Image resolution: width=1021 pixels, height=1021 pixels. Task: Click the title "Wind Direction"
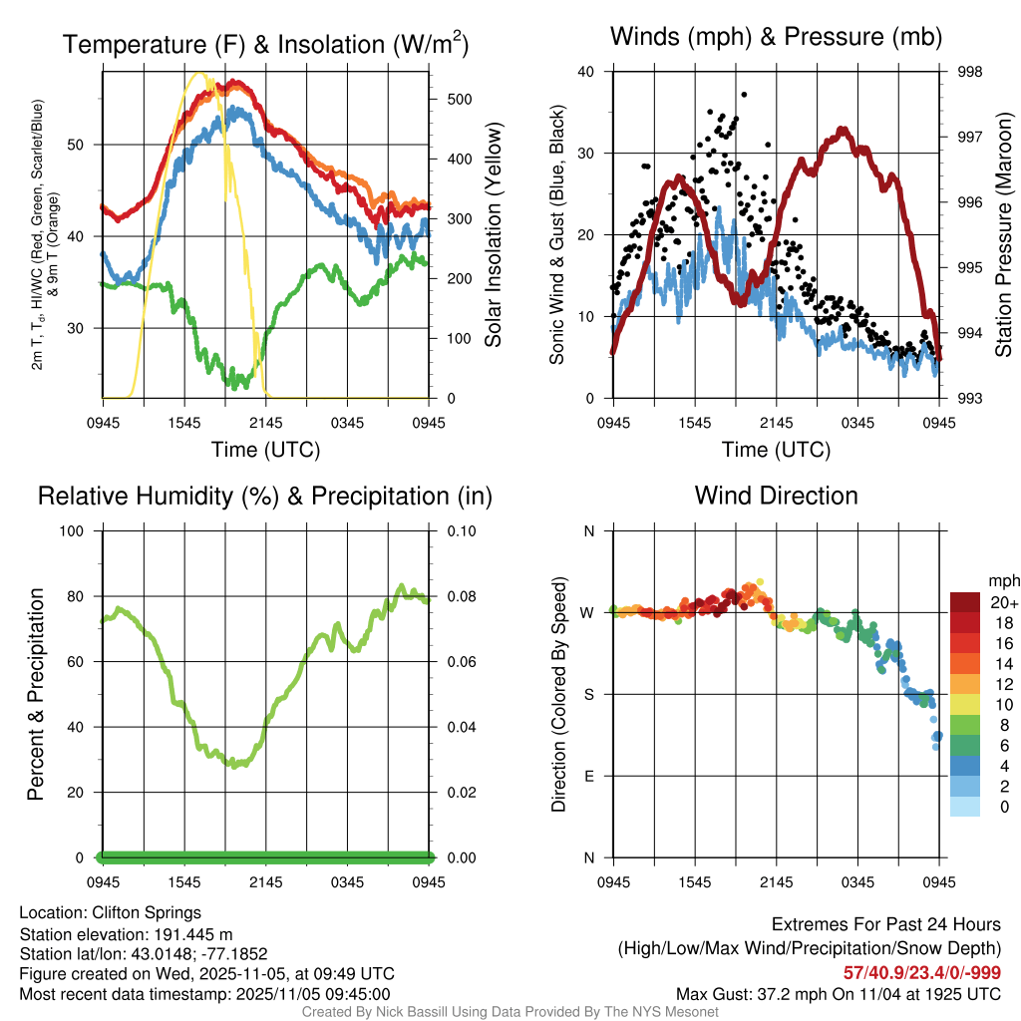tap(776, 496)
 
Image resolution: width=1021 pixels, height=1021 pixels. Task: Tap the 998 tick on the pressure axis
tap(968, 72)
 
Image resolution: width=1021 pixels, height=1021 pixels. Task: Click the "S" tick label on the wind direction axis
tap(589, 694)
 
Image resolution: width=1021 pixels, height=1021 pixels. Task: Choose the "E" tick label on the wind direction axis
tap(589, 776)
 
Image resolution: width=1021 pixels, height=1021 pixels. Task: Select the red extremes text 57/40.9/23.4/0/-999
tap(922, 972)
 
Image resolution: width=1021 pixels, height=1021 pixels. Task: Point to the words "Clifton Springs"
tap(147, 912)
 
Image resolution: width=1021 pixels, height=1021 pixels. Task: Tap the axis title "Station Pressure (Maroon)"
tap(1004, 235)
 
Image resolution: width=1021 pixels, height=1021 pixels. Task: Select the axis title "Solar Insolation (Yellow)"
tap(494, 235)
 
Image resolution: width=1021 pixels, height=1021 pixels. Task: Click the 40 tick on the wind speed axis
tap(586, 72)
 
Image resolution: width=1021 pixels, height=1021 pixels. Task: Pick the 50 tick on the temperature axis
tap(84, 145)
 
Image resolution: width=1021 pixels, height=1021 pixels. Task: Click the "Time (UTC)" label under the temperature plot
tap(266, 450)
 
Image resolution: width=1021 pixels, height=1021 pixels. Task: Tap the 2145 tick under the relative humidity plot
tap(266, 882)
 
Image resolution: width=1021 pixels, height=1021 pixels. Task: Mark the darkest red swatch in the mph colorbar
tap(965, 602)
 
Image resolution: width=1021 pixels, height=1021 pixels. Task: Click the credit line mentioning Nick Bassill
tap(510, 1012)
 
